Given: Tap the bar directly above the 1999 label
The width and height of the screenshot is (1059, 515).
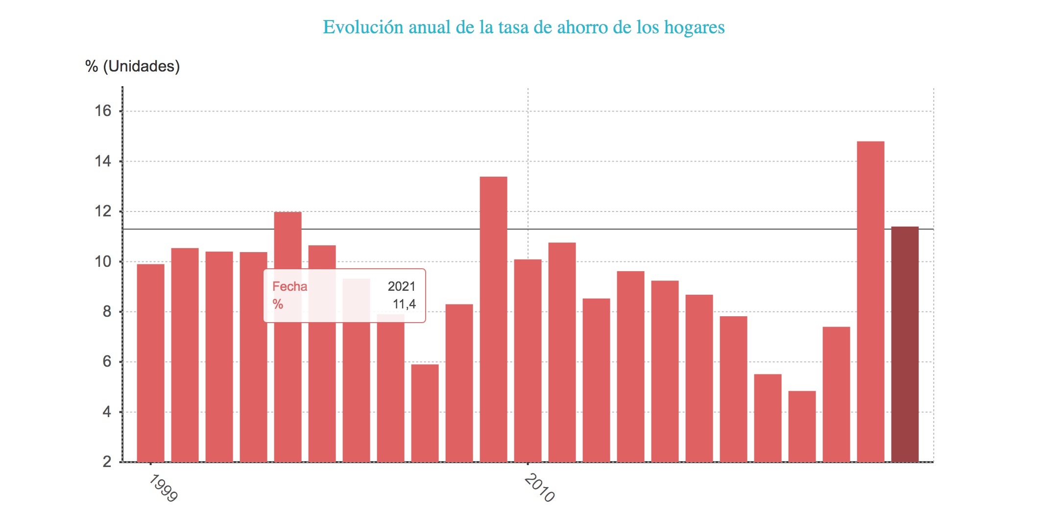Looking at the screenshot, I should tap(150, 363).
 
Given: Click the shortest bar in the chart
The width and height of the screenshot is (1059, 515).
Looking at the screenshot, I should tap(802, 426).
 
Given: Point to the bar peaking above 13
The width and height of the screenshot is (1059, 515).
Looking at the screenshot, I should tap(493, 319).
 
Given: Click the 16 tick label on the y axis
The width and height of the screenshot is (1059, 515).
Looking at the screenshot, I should tap(103, 111).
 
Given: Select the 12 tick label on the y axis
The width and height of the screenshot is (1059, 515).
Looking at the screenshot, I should tap(103, 211).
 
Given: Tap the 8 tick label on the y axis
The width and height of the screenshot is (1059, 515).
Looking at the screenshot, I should tap(107, 312).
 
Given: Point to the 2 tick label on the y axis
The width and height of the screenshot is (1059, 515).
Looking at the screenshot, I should tap(107, 462).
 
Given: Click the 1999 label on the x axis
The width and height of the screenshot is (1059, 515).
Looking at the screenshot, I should tap(163, 488).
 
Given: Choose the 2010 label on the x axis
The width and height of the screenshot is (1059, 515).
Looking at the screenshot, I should tap(540, 488).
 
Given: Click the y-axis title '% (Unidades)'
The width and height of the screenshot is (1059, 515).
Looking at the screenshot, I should tap(132, 66).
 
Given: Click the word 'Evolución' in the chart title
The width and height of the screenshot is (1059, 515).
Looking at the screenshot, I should tap(362, 27).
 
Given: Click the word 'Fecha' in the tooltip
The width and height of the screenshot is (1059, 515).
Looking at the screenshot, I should tap(289, 286).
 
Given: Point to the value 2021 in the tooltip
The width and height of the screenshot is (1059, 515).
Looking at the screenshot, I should tap(401, 286).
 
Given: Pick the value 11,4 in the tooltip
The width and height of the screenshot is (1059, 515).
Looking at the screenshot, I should tap(404, 304).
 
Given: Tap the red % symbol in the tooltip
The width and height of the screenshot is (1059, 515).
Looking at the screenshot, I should tap(278, 304).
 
